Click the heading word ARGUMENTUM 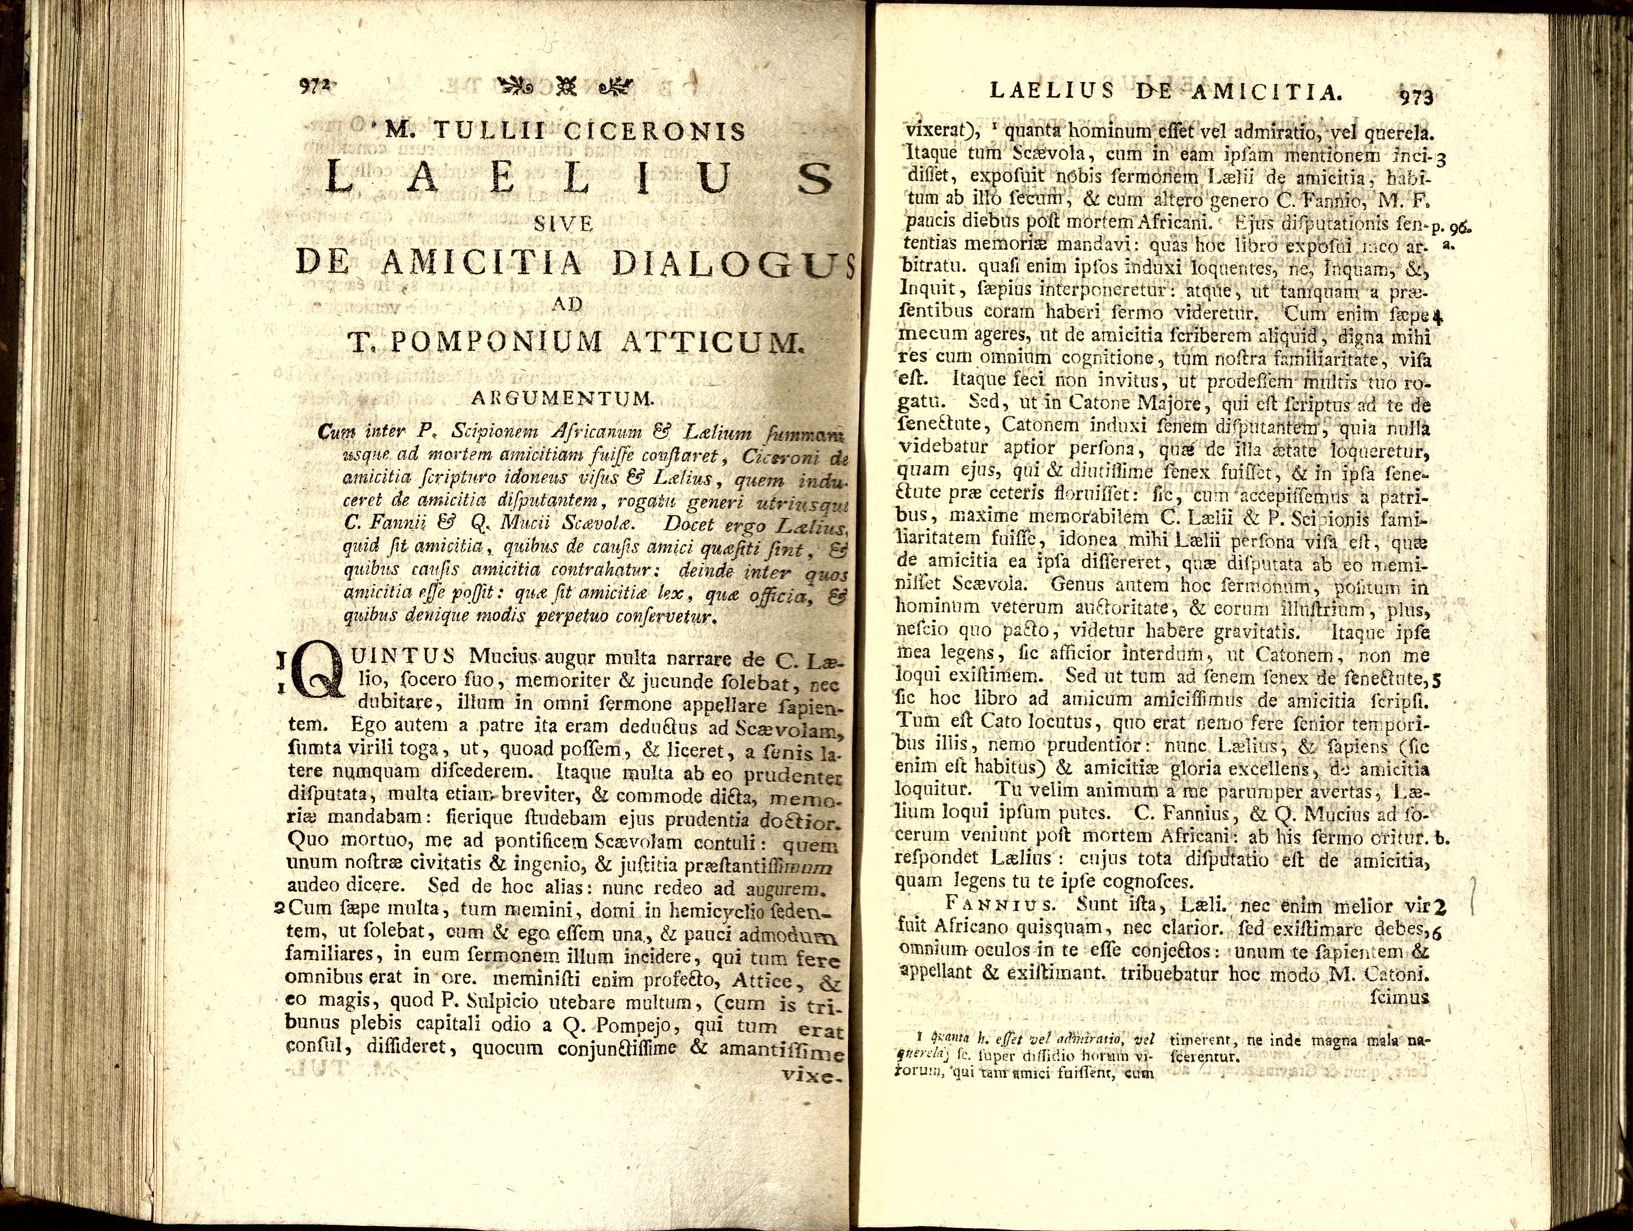[x=563, y=399]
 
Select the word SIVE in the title [x=564, y=224]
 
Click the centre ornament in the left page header [x=566, y=86]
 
